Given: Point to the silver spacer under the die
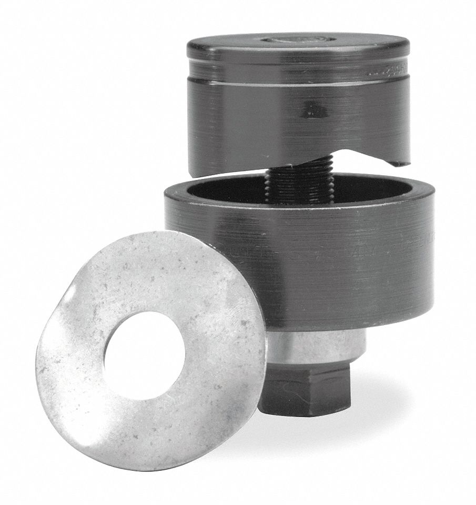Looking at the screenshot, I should [x=316, y=347].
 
